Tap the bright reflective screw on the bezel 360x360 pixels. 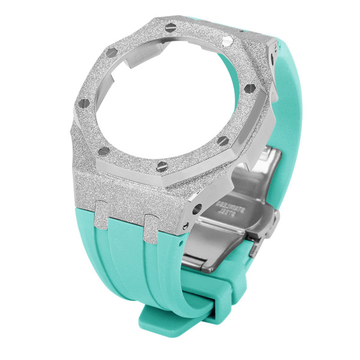click(227, 40)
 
